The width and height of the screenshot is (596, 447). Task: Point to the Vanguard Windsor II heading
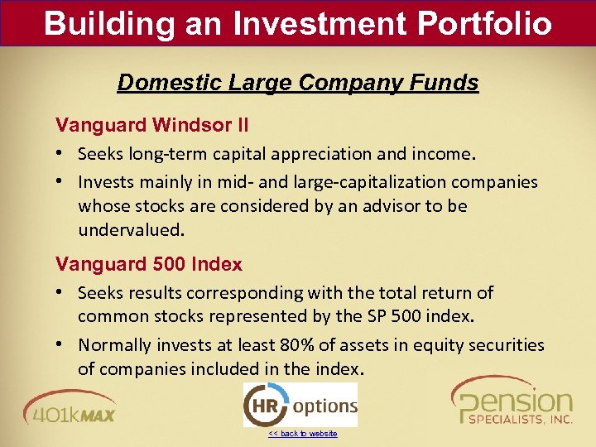pos(151,126)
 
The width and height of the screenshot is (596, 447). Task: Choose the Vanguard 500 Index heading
pos(149,265)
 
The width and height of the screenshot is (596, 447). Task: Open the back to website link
pos(302,434)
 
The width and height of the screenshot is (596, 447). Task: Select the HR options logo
pos(300,406)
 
